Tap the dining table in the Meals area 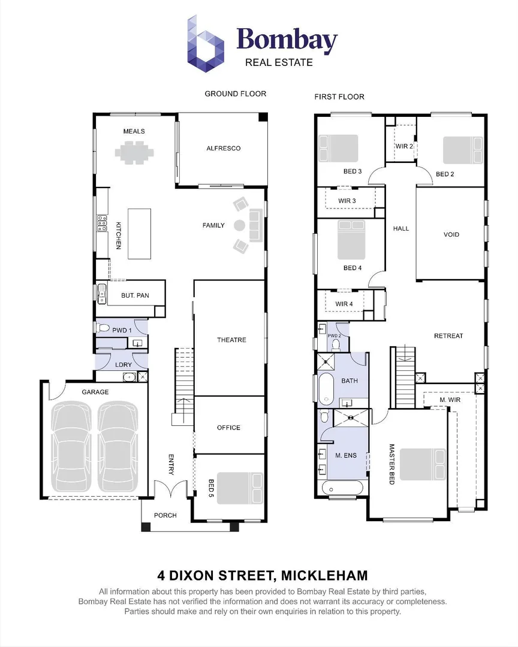[x=134, y=152]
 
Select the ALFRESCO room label [x=223, y=148]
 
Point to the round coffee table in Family [x=239, y=226]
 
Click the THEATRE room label [x=231, y=340]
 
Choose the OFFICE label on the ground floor [x=228, y=428]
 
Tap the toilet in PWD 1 [x=103, y=328]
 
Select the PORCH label [x=165, y=515]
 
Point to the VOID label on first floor [x=451, y=234]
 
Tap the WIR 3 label [x=347, y=201]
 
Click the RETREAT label [x=448, y=336]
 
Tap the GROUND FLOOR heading [x=235, y=93]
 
